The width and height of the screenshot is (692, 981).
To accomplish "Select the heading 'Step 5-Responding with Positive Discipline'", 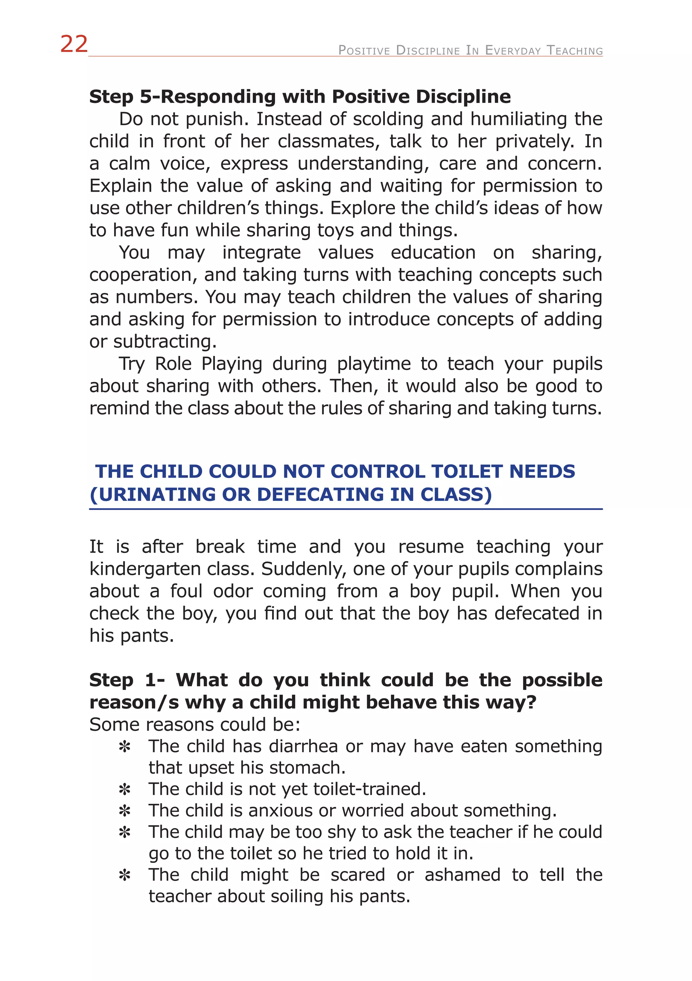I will (299, 97).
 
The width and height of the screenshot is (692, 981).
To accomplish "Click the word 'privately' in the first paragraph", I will (534, 141).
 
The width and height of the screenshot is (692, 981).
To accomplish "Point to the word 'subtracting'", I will (165, 341).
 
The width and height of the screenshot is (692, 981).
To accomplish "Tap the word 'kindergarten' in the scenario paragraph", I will (145, 569).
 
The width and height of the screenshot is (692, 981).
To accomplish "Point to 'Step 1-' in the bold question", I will (127, 680).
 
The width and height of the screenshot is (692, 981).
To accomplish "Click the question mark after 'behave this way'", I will (531, 702).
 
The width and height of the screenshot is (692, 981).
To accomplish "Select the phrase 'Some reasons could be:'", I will (195, 725).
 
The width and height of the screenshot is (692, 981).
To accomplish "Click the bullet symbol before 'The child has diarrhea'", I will (124, 747).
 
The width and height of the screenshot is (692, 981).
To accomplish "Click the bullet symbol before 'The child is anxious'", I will (124, 811).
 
